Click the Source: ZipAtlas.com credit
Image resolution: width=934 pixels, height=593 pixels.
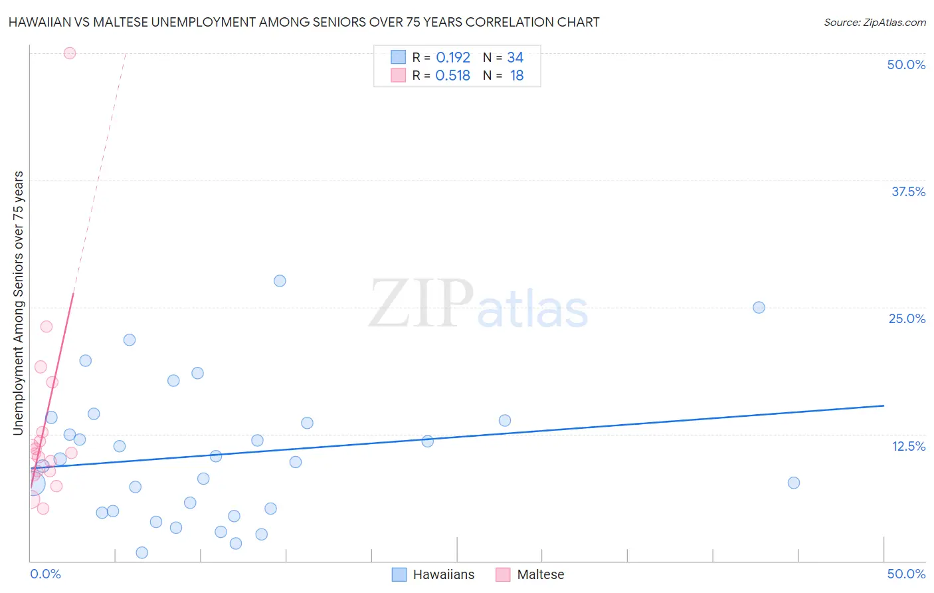tap(874, 22)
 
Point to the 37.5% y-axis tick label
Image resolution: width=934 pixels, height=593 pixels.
tap(908, 191)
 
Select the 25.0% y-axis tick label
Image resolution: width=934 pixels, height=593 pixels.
tap(907, 318)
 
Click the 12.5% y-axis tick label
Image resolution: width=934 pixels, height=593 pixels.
tap(908, 446)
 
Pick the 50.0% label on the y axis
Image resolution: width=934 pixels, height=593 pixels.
tap(906, 64)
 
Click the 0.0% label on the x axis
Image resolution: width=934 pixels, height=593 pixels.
tap(45, 574)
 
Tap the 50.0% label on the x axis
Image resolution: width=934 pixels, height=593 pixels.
tap(906, 574)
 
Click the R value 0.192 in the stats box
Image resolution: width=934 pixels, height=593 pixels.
tap(453, 58)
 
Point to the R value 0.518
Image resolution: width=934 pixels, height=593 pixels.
tap(453, 76)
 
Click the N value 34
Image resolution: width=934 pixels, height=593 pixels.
tap(515, 58)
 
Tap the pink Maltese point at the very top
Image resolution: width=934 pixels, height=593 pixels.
tap(70, 53)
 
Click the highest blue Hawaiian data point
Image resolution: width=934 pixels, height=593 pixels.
tap(280, 281)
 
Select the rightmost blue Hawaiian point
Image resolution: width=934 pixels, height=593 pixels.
tap(793, 483)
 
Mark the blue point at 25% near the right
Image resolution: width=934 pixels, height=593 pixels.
tap(759, 307)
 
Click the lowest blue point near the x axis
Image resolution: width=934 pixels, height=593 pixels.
tap(141, 552)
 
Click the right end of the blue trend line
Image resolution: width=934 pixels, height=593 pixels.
tap(884, 406)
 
